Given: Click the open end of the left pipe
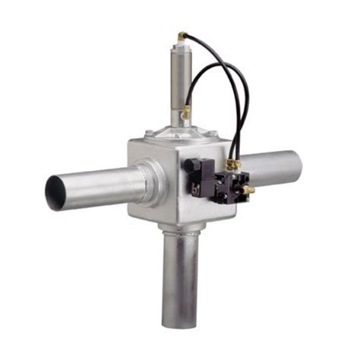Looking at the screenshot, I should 55,192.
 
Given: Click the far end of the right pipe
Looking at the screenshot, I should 296,164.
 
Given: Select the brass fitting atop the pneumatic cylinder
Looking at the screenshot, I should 182,36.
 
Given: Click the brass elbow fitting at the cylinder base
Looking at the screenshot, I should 186,112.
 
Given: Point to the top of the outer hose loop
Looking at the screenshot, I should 220,61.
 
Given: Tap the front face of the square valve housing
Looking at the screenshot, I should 156,182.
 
